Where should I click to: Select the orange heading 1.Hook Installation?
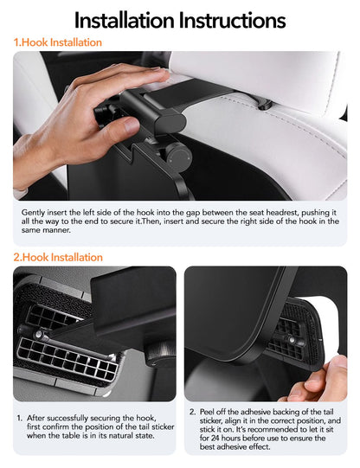tap(57, 42)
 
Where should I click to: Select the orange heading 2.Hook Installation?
tap(58, 257)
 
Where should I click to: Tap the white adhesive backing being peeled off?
tap(333, 324)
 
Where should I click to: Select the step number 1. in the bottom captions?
tap(19, 416)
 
